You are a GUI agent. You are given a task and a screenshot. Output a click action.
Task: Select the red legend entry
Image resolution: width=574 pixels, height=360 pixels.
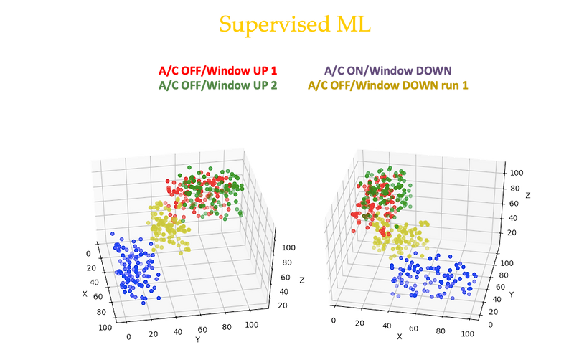click(x=217, y=70)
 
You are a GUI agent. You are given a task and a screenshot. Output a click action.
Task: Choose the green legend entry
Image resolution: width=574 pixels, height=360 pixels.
click(x=217, y=85)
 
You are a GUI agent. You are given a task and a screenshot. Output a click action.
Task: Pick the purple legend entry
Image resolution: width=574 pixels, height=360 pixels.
click(x=388, y=70)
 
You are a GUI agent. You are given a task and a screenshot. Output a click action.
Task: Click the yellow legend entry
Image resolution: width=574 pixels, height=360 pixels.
click(x=388, y=85)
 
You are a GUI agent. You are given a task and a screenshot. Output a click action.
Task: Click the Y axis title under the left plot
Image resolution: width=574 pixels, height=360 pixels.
click(x=196, y=340)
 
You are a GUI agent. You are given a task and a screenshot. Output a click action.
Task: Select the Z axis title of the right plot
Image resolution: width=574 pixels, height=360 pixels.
click(x=529, y=195)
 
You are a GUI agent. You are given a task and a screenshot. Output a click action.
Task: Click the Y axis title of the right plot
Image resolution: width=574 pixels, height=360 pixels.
click(x=512, y=293)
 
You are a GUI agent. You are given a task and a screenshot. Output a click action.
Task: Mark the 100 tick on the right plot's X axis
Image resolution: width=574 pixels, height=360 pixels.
click(x=468, y=334)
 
